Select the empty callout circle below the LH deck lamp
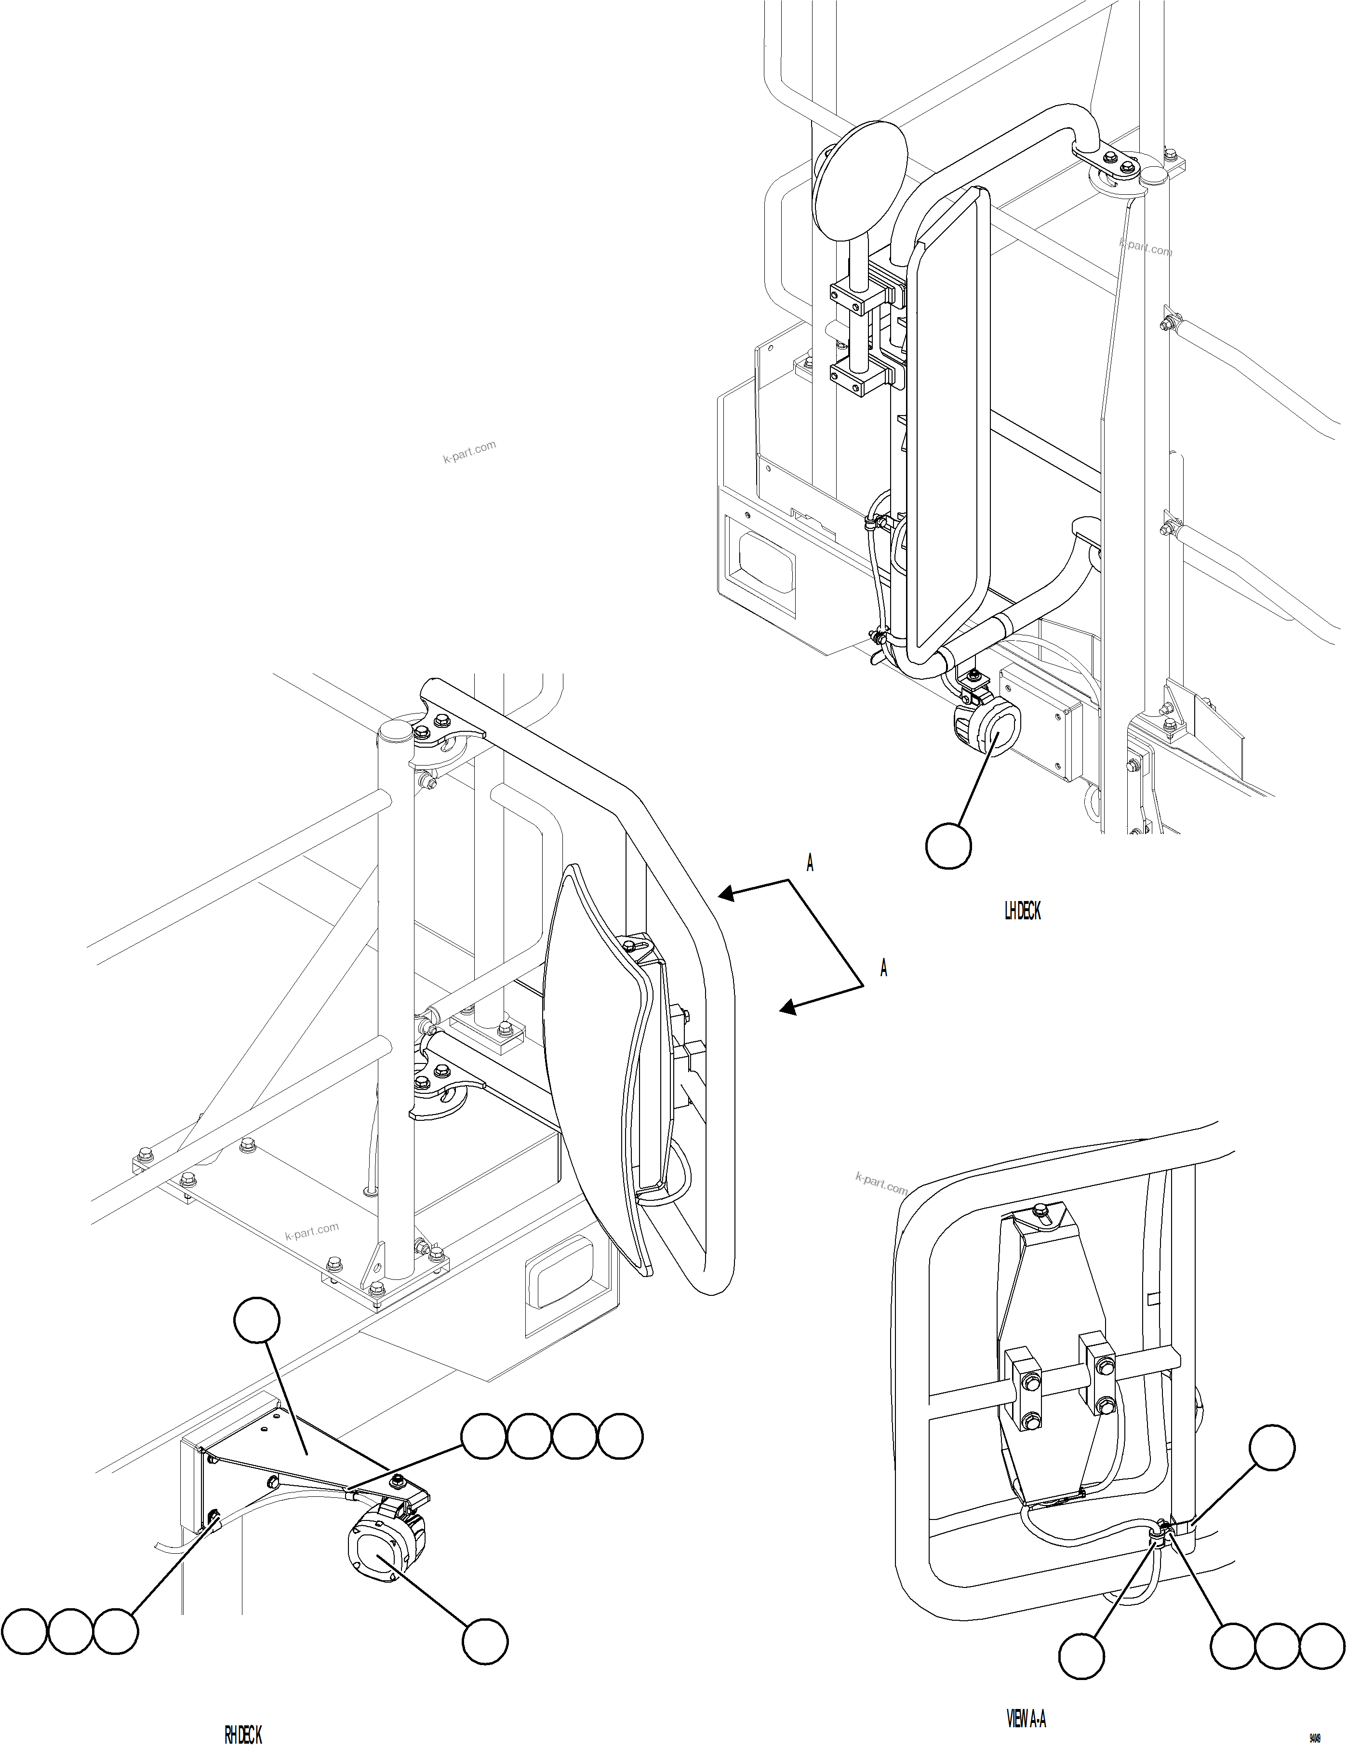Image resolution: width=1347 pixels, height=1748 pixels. click(x=948, y=845)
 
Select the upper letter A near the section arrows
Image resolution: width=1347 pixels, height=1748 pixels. click(x=810, y=863)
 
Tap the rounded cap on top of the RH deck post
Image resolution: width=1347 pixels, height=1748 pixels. click(x=395, y=730)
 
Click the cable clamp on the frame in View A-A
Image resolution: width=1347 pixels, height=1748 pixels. click(x=1161, y=1534)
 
